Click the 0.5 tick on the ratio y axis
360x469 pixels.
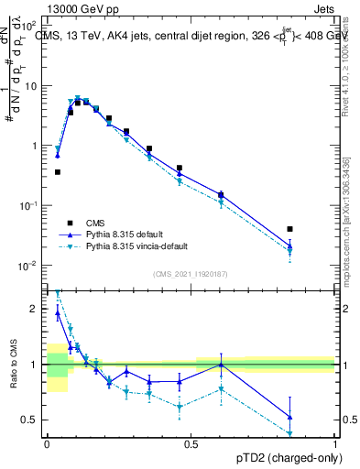[34, 420]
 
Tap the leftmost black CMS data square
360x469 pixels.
[58, 171]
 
